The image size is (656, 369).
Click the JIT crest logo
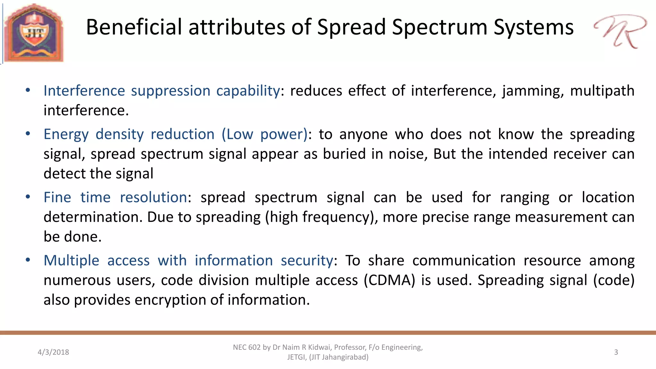pos(34,33)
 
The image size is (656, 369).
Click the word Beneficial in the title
pos(134,27)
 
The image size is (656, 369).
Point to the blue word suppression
pos(170,91)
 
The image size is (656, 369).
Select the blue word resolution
pos(153,197)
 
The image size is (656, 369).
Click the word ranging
pos(524,197)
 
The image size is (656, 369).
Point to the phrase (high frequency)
pos(321,217)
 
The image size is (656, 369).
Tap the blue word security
pos(307,260)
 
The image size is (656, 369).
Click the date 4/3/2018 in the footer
pos(53,352)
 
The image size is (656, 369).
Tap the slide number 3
pos(616,352)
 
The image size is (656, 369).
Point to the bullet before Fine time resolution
pos(28,197)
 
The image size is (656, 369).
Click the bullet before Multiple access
pos(28,260)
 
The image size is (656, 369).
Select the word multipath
pos(602,91)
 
